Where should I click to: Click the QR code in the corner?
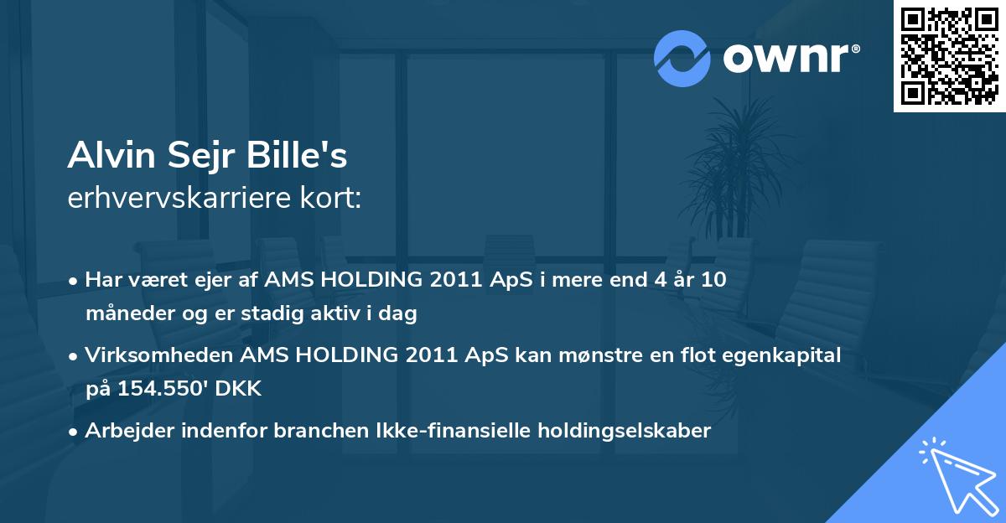[948, 56]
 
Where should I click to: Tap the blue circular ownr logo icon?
[682, 58]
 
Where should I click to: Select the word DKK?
[241, 390]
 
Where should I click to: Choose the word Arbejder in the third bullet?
[122, 431]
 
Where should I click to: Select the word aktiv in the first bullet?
[336, 314]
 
